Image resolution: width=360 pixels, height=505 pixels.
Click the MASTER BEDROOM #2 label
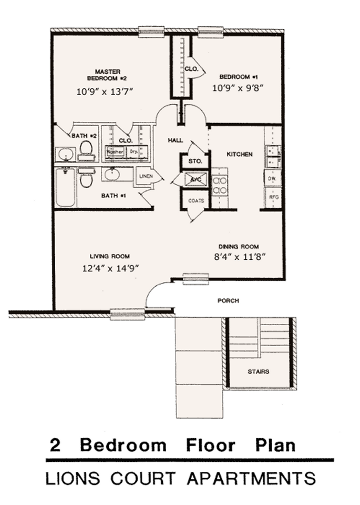tap(108, 75)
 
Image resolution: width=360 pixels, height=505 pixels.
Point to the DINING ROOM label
tap(239, 246)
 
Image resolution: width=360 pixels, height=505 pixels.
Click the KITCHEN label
tap(240, 155)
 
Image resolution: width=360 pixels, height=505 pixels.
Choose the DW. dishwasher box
tap(273, 179)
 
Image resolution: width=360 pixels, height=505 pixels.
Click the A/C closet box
tap(195, 179)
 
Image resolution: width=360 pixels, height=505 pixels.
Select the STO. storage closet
tap(195, 161)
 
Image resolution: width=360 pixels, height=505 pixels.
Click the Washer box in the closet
tap(115, 152)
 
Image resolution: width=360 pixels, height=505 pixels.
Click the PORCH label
tap(228, 301)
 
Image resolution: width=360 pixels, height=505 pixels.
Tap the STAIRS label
tap(258, 371)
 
